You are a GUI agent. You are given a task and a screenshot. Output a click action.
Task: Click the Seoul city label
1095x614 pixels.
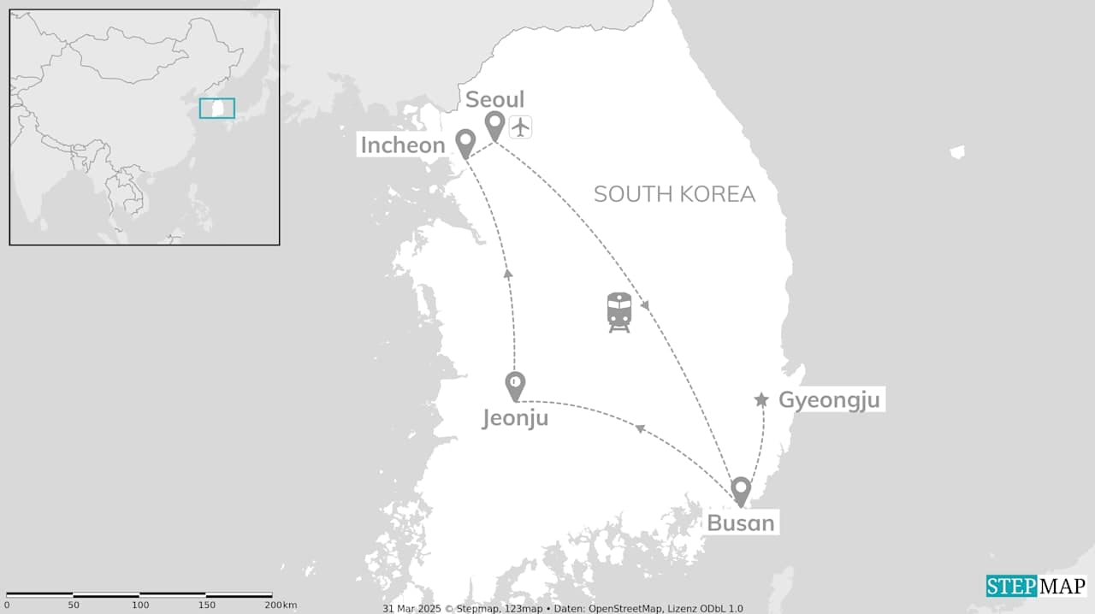pyautogui.click(x=494, y=99)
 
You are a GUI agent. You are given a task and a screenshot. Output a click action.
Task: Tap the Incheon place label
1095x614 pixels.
pyautogui.click(x=403, y=145)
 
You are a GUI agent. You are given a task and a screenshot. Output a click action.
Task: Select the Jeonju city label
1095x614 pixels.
pyautogui.click(x=514, y=418)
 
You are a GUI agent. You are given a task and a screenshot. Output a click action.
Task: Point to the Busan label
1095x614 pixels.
pyautogui.click(x=741, y=522)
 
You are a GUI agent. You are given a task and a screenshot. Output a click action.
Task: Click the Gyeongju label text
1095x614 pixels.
pyautogui.click(x=829, y=399)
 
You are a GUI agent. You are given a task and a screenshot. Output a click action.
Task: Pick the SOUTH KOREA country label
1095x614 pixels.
pyautogui.click(x=674, y=194)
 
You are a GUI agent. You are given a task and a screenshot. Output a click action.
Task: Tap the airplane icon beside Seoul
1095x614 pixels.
pyautogui.click(x=520, y=127)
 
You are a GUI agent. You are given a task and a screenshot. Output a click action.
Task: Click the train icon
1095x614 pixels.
pyautogui.click(x=619, y=311)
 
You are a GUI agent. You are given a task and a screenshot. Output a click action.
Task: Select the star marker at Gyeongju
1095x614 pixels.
pyautogui.click(x=761, y=399)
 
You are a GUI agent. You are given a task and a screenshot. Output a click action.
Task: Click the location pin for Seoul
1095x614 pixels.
pyautogui.click(x=494, y=126)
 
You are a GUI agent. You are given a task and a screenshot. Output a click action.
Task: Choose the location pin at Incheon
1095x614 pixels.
pyautogui.click(x=465, y=143)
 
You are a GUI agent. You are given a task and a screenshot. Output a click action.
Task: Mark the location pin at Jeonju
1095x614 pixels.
pyautogui.click(x=515, y=386)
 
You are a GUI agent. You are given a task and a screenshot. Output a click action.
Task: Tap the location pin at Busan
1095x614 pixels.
pyautogui.click(x=741, y=490)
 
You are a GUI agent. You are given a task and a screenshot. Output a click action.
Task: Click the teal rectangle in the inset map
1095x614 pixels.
pyautogui.click(x=217, y=108)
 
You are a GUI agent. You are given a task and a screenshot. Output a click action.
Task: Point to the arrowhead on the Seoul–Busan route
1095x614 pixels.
pyautogui.click(x=645, y=305)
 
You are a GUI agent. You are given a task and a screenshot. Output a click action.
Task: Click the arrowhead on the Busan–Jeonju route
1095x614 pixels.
pyautogui.click(x=638, y=428)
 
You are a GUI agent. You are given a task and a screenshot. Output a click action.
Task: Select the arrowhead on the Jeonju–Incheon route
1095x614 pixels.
pyautogui.click(x=508, y=273)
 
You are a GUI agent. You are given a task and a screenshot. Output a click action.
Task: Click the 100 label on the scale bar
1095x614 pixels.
pyautogui.click(x=140, y=605)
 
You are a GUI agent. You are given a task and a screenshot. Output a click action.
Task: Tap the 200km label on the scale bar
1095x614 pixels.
pyautogui.click(x=281, y=605)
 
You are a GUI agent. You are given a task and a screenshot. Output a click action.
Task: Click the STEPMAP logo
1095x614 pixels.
pyautogui.click(x=1036, y=586)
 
